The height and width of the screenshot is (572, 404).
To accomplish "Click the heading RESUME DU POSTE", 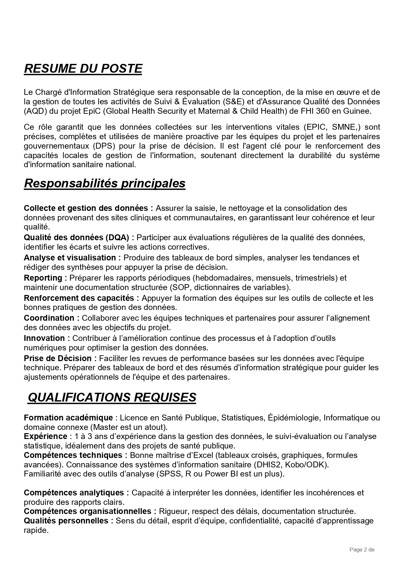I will (x=83, y=69).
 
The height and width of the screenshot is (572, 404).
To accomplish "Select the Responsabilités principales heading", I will (x=105, y=183).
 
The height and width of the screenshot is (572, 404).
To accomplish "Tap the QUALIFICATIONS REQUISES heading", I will (x=112, y=397).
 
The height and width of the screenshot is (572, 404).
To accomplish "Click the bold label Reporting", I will (x=43, y=278).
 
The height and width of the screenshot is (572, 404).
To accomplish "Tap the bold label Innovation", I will (x=44, y=338).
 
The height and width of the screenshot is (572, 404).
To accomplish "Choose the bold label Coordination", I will (x=49, y=318).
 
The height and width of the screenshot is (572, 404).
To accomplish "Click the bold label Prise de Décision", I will (x=58, y=359).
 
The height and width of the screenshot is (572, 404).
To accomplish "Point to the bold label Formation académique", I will (x=68, y=418).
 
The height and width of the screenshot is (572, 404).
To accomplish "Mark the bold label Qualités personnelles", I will (x=66, y=521).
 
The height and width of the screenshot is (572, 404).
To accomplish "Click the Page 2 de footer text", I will (x=362, y=550).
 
